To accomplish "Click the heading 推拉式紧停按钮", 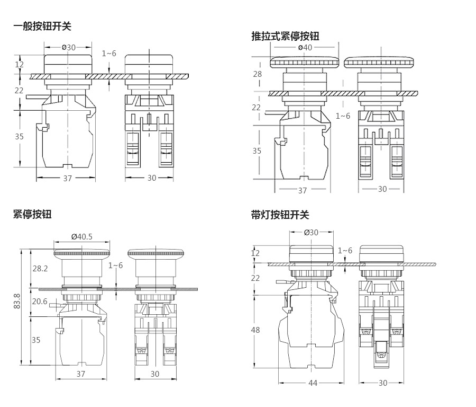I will click(x=285, y=36).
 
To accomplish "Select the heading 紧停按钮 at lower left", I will click(x=32, y=214).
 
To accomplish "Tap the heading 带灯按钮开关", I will click(x=280, y=215).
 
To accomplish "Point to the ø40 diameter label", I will click(x=305, y=47).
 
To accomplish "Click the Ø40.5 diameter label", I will click(x=81, y=236).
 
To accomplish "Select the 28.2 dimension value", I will click(x=40, y=269).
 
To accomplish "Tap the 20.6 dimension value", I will click(x=40, y=301).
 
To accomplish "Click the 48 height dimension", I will click(x=255, y=330).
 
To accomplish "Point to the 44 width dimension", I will click(x=313, y=383).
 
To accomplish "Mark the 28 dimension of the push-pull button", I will click(x=257, y=74).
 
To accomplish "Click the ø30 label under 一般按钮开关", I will click(x=68, y=47).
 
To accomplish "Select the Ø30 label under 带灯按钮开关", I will click(x=312, y=232).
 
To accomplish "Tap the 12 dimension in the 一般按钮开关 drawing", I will click(x=20, y=64).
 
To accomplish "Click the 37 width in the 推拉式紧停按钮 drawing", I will click(x=303, y=190).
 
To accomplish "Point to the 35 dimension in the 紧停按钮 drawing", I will click(x=36, y=340).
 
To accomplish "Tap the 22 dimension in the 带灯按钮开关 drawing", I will click(x=255, y=278).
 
